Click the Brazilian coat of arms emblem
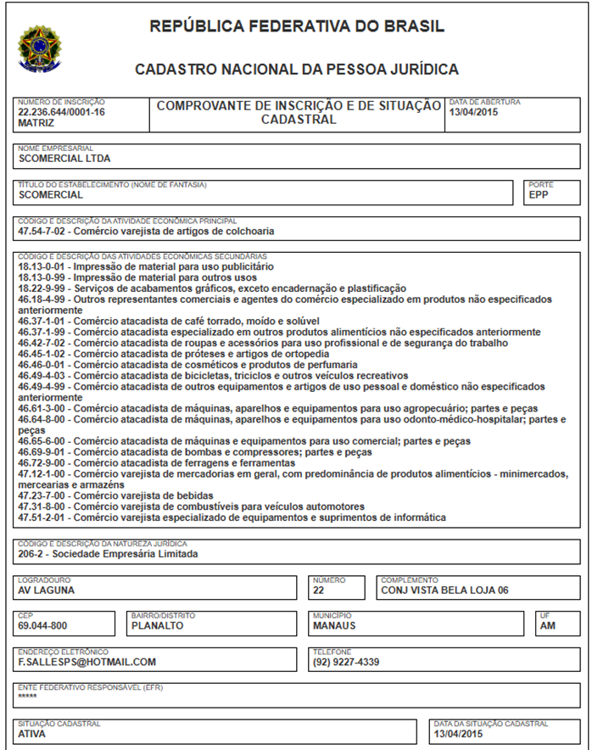click(x=35, y=48)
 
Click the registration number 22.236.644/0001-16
click(x=62, y=112)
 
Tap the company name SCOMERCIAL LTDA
click(x=64, y=158)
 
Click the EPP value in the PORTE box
click(x=539, y=194)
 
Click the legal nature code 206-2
click(x=32, y=554)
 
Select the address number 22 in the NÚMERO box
click(x=319, y=590)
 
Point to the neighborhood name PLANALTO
click(x=157, y=626)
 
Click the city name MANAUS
click(x=334, y=626)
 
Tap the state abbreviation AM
click(x=548, y=626)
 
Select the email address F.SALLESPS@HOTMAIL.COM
click(x=87, y=662)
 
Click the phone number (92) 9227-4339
click(x=346, y=662)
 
